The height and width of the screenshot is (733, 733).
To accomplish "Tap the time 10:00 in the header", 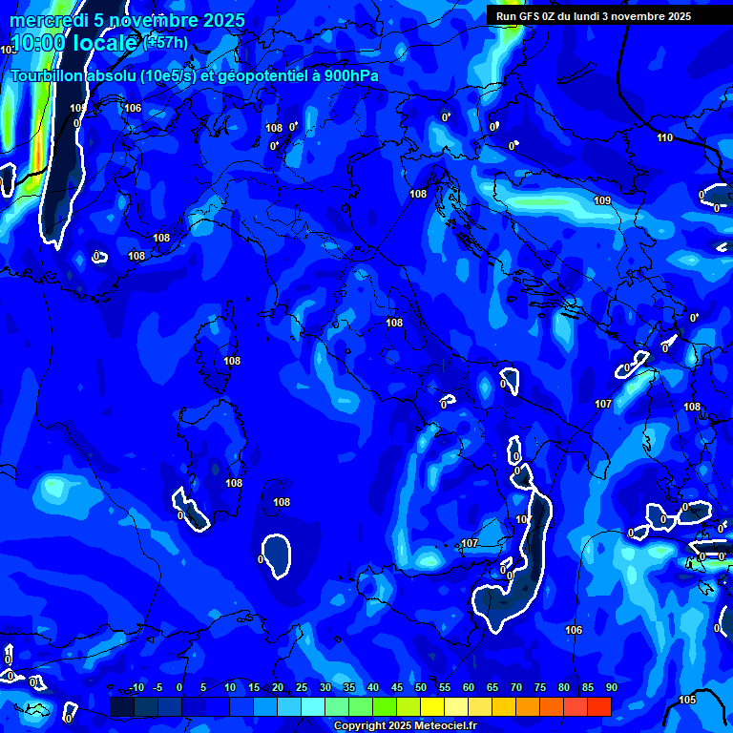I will [x=37, y=43].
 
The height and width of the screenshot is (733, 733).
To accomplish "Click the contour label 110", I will [x=664, y=137].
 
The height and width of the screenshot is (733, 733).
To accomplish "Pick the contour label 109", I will [x=602, y=200].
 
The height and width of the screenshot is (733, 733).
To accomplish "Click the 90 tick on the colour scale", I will [x=611, y=687].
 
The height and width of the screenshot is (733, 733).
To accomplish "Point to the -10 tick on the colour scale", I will [x=136, y=687].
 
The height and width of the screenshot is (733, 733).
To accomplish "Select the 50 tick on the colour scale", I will [x=421, y=687].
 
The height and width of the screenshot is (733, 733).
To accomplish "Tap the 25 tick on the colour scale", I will [x=302, y=687].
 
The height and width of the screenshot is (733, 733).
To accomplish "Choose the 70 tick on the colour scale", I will [x=516, y=687].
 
